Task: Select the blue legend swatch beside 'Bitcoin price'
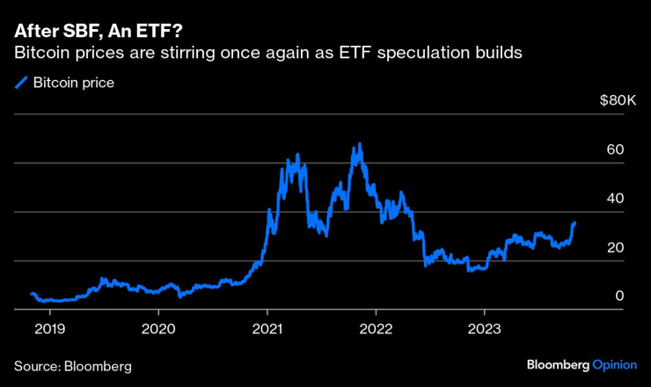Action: point(20,84)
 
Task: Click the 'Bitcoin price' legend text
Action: point(74,84)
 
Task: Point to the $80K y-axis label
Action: point(617,101)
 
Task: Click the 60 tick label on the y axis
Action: point(615,150)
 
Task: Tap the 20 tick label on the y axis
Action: point(615,247)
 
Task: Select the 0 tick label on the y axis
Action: point(619,296)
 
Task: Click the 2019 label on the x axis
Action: point(49,328)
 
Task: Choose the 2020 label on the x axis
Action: point(158,328)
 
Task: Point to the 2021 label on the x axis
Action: point(267,328)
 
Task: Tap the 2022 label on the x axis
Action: point(376,328)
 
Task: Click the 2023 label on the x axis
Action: point(484,328)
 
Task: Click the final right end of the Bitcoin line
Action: point(575,223)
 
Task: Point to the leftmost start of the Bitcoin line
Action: point(31,294)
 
